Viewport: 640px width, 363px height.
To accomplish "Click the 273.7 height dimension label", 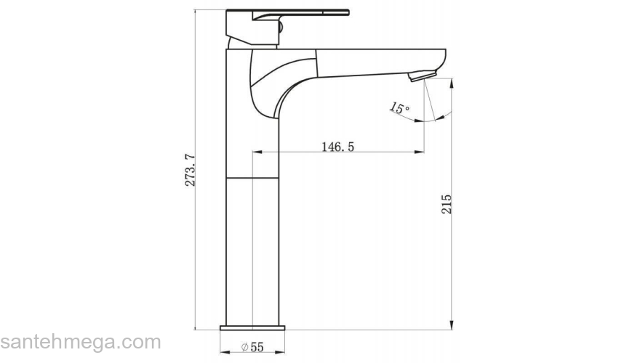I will point(191,170).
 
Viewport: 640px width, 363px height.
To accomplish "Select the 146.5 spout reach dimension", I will point(337,147).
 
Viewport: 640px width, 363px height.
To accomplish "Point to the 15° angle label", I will point(399,109).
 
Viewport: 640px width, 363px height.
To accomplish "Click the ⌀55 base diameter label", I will point(252,347).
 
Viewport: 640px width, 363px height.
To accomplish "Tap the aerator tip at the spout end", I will point(420,75).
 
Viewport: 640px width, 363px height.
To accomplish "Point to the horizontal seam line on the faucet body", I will point(252,177).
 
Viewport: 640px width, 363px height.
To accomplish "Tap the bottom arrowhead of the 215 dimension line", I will point(453,325).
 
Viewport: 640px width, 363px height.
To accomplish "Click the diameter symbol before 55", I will point(244,347).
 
